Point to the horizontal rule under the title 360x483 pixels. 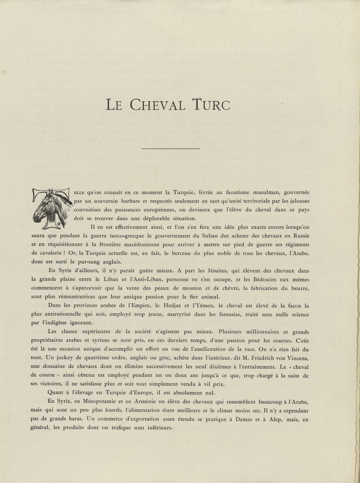click(x=170, y=148)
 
